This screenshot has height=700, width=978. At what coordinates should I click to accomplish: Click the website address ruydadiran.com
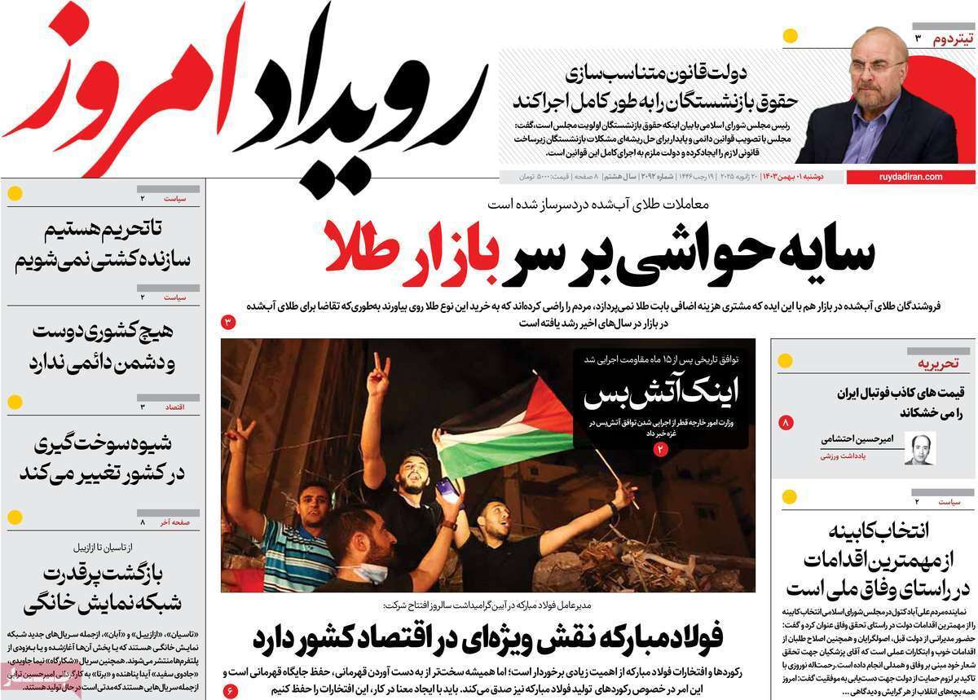[x=911, y=177]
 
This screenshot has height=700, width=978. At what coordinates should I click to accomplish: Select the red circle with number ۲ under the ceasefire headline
[x=660, y=448]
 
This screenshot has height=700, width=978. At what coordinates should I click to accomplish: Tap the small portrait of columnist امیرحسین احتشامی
[x=919, y=449]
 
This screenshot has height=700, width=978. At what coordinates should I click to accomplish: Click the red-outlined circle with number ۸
[x=786, y=423]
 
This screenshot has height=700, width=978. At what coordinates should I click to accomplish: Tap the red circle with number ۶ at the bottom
[x=230, y=692]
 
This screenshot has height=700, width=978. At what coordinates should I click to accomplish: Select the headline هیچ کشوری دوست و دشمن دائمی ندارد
[x=103, y=347]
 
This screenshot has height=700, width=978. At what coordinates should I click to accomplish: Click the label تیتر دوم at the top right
[x=949, y=39]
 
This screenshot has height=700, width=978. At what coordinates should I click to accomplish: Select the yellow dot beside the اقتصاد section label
[x=15, y=402]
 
